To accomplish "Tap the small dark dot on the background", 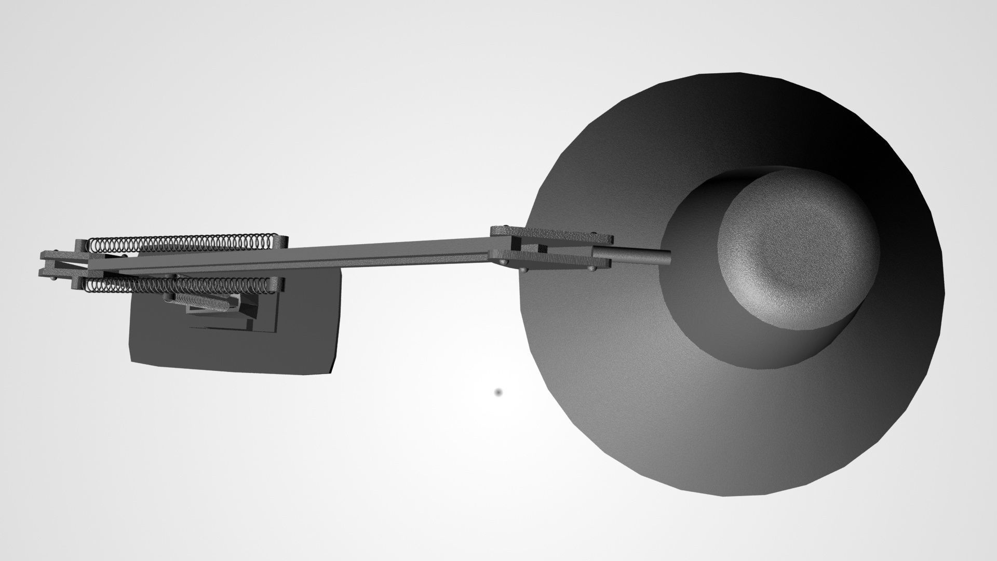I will click(498, 393).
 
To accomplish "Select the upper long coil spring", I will click(182, 243).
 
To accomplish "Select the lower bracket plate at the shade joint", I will click(556, 262).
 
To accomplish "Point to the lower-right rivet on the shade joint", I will click(591, 269).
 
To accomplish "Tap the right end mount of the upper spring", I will click(281, 242).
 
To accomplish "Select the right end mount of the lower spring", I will click(277, 284).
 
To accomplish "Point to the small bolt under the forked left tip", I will click(55, 279).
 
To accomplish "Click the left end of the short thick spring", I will click(168, 297).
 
